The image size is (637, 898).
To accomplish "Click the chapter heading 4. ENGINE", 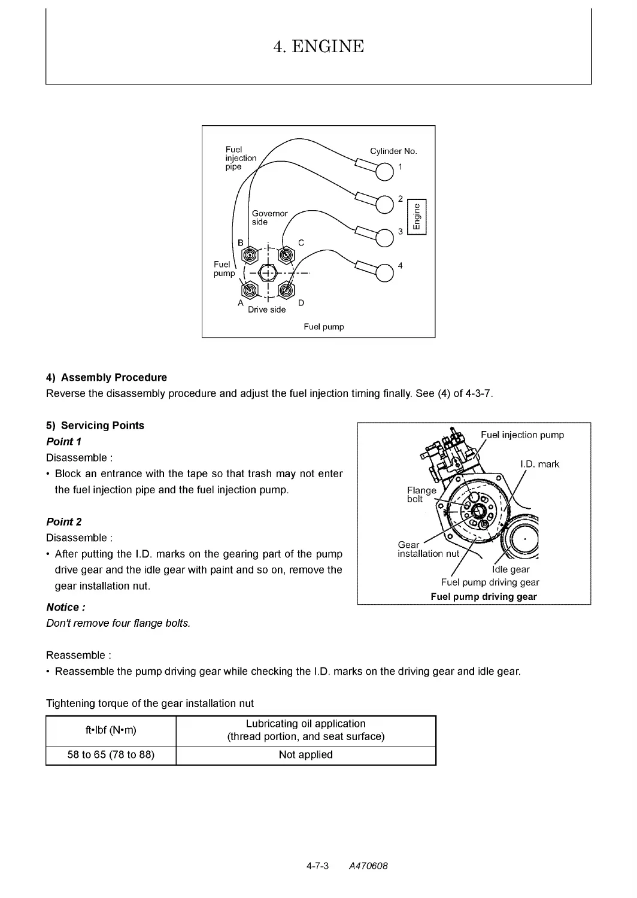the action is [x=318, y=47].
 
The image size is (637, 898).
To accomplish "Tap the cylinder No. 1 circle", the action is [x=384, y=172].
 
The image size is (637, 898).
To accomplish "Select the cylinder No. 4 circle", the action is [x=384, y=273].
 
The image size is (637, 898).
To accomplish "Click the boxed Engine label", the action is [x=417, y=217].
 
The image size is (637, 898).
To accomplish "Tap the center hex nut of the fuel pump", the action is [x=268, y=274].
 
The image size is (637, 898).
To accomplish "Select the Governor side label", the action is [x=270, y=218].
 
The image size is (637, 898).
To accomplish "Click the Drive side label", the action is [x=266, y=310].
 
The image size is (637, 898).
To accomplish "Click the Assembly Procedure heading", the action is [x=106, y=377].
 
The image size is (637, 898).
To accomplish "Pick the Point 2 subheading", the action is [x=63, y=521].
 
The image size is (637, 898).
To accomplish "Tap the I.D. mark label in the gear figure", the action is [x=539, y=464].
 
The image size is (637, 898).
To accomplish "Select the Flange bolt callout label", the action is [x=421, y=494].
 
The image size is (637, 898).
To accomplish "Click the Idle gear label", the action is [x=511, y=570].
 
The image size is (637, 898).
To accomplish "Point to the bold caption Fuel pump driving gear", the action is [x=484, y=596].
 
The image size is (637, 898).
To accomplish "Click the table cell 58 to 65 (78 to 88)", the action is [x=111, y=755].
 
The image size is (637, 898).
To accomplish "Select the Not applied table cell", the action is [x=306, y=755].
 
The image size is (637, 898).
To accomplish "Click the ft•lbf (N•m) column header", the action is [x=111, y=730].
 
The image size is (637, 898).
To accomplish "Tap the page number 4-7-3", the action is [x=317, y=866].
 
